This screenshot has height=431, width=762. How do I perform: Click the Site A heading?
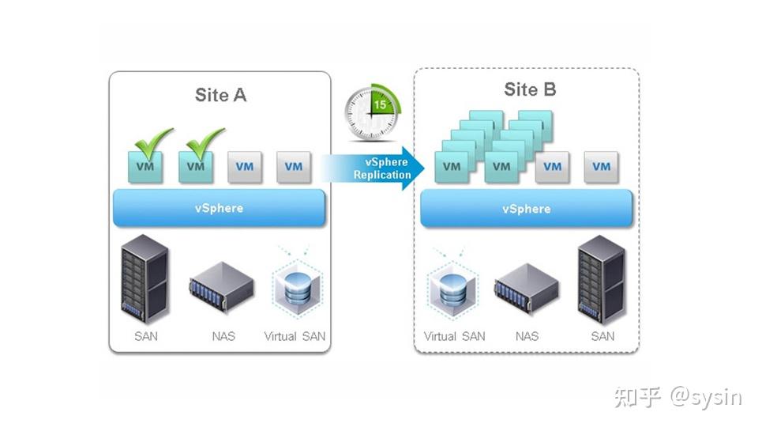[x=220, y=95]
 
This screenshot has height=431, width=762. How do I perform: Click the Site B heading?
[x=530, y=89]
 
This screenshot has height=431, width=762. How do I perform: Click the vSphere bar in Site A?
[x=219, y=208]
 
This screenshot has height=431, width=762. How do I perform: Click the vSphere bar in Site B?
[x=526, y=209]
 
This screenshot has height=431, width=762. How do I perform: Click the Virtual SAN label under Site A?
[x=295, y=336]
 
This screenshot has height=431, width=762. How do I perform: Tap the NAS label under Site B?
[x=527, y=336]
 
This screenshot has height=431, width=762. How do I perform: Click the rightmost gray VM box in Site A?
[x=294, y=167]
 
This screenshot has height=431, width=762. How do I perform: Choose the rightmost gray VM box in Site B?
[x=601, y=167]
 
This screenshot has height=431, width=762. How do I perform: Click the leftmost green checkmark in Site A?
[x=153, y=142]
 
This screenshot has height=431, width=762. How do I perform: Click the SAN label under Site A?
[x=145, y=336]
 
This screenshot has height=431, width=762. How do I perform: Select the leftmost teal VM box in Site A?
[x=146, y=168]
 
